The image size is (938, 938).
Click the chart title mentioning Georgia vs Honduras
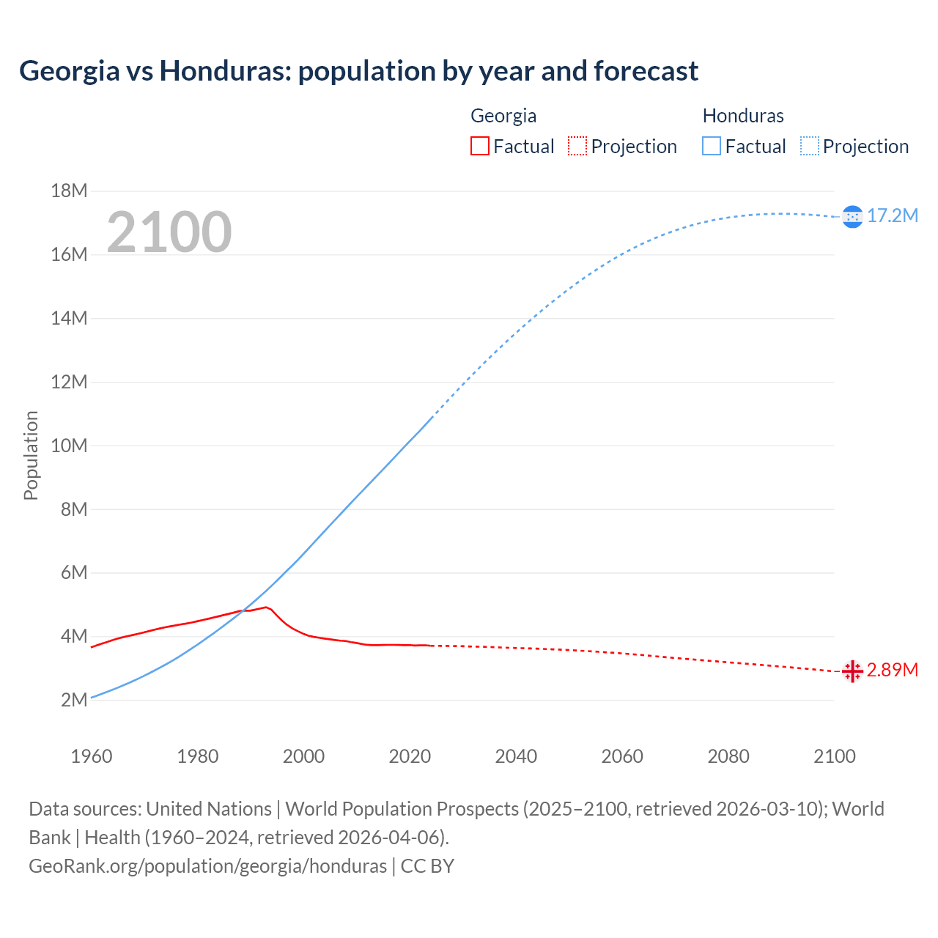coord(358,71)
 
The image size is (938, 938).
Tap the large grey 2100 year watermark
coord(169,232)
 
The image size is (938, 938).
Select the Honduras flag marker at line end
coord(852,216)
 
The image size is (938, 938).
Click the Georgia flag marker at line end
coord(852,671)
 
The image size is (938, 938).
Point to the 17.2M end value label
coord(892,215)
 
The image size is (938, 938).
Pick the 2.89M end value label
coord(892,671)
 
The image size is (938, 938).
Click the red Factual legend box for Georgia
coord(480,147)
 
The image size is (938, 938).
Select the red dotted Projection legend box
coord(577,147)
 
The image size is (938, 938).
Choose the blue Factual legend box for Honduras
coord(712,147)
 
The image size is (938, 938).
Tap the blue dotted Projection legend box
coord(809,147)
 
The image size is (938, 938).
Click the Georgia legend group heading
coord(503,116)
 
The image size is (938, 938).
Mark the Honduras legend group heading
coord(743,116)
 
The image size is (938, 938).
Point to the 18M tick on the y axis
coord(69,191)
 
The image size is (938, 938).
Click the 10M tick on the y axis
coord(69,446)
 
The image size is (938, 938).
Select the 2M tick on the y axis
coord(73,700)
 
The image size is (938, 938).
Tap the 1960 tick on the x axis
coord(92,756)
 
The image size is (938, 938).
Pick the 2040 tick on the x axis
coord(516,756)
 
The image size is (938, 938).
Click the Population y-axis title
coord(31,455)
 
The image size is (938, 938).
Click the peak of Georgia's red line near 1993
coord(266,607)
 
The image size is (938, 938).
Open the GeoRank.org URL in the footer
coord(207,866)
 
